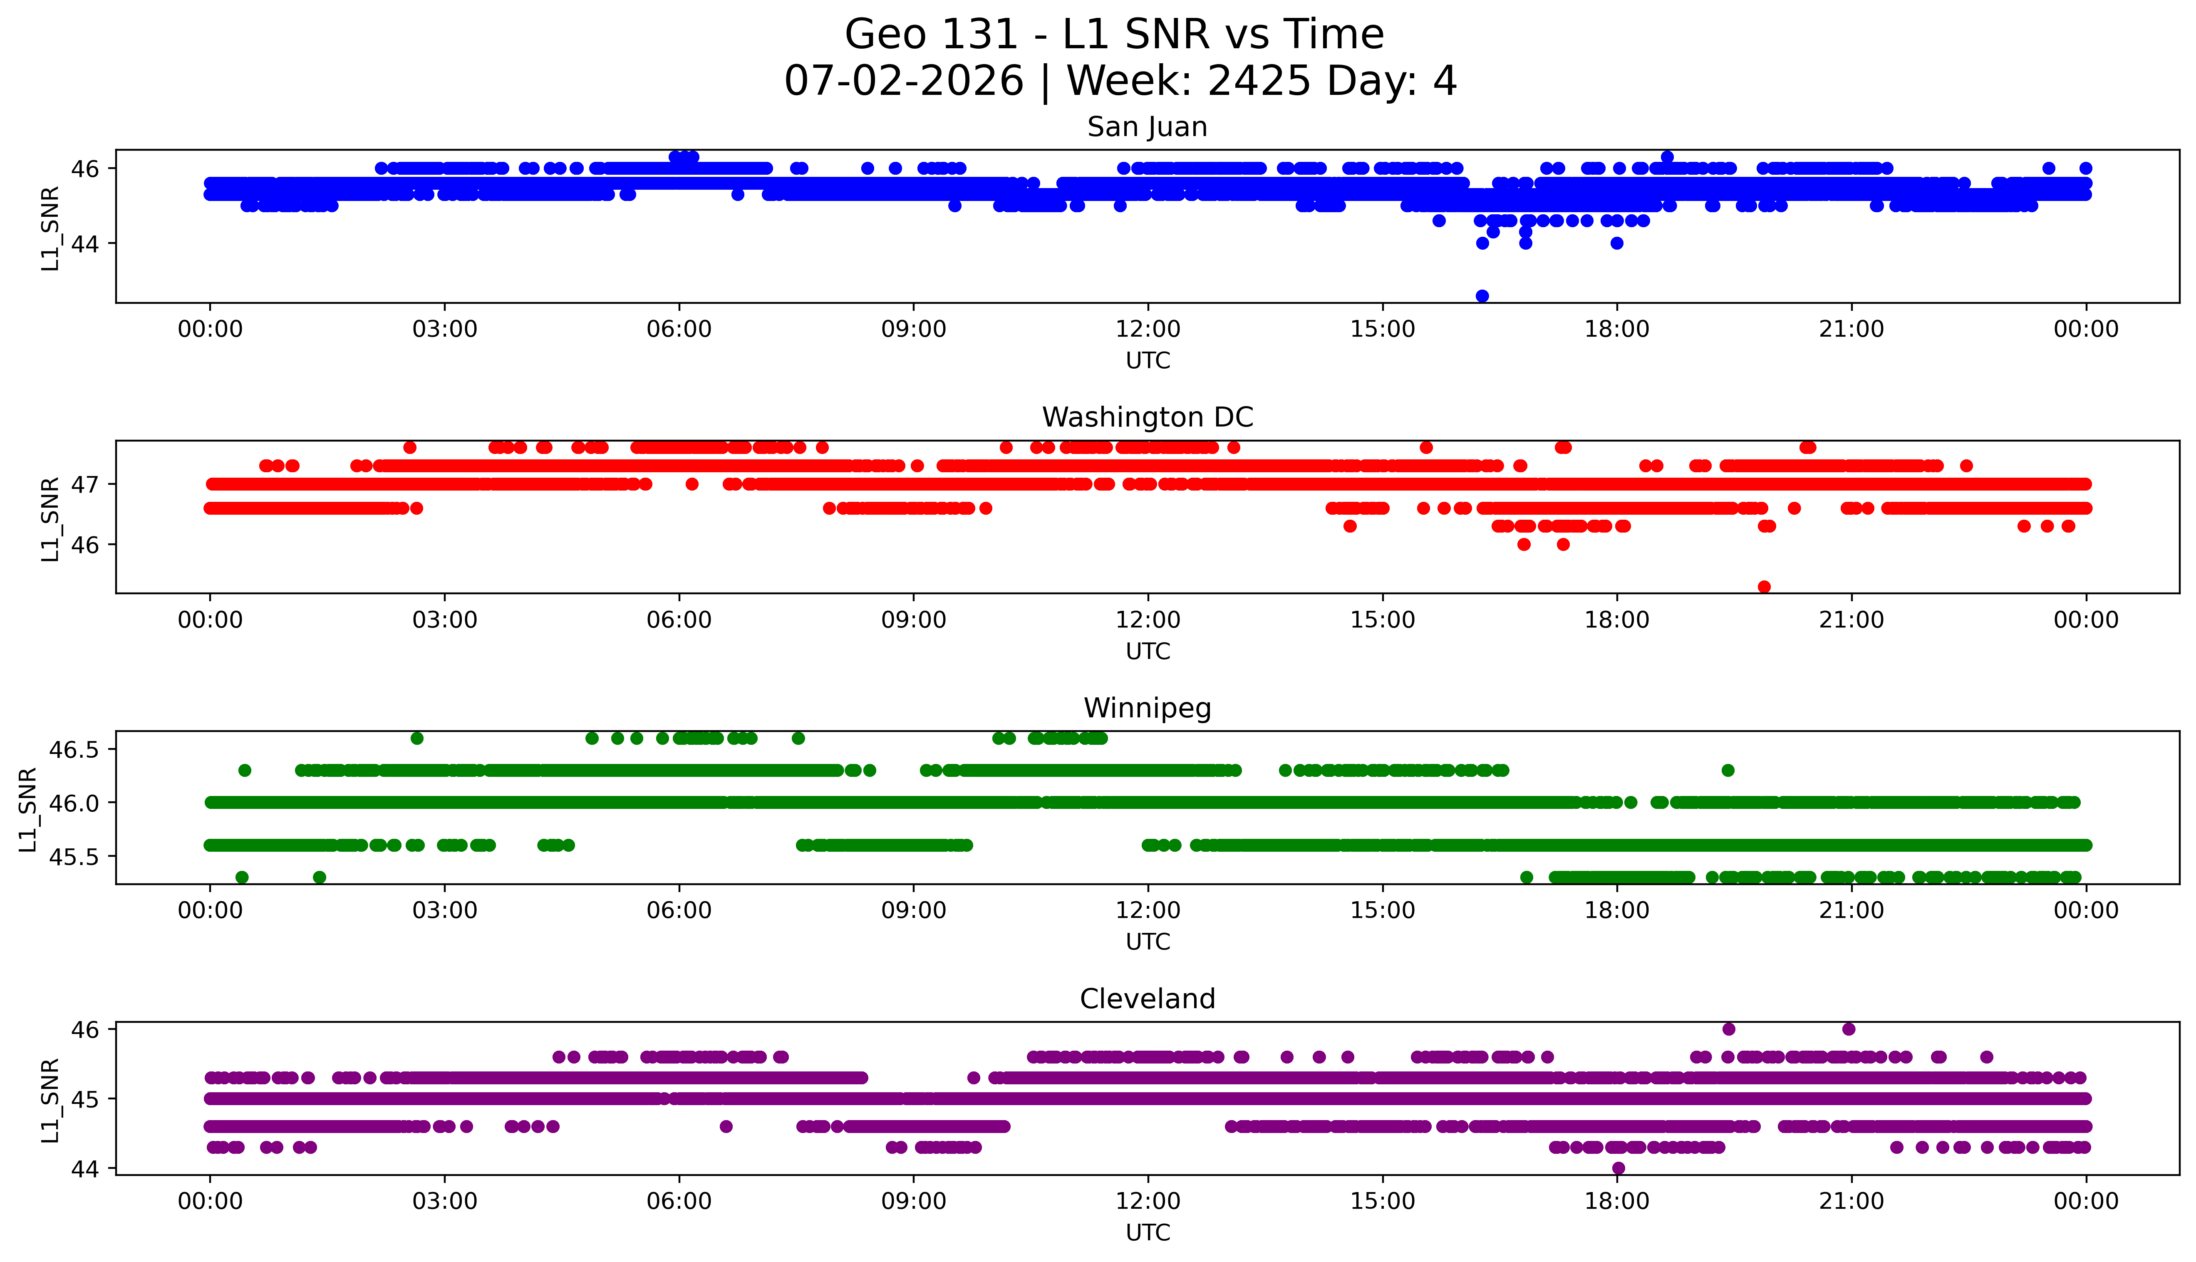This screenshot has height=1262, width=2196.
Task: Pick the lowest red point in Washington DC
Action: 1764,587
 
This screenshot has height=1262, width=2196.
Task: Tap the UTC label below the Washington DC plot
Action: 1148,651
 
